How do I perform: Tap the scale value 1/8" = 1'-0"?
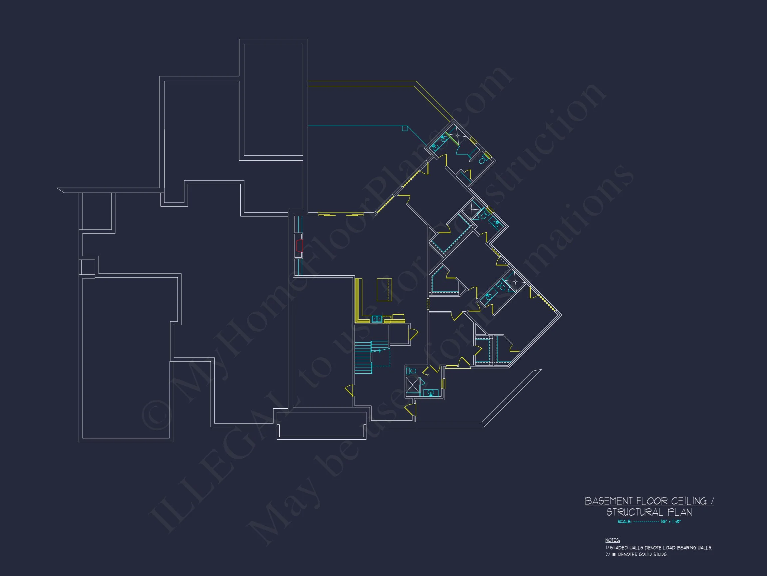670,521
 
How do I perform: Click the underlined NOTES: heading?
612,540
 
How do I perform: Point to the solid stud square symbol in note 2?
614,554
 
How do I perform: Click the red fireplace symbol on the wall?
299,245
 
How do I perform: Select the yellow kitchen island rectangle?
384,290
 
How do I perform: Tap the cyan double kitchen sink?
377,319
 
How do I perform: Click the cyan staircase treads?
363,358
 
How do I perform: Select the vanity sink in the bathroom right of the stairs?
431,393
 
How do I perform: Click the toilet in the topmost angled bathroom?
483,161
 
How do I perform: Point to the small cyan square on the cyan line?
404,128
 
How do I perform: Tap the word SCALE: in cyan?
624,521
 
